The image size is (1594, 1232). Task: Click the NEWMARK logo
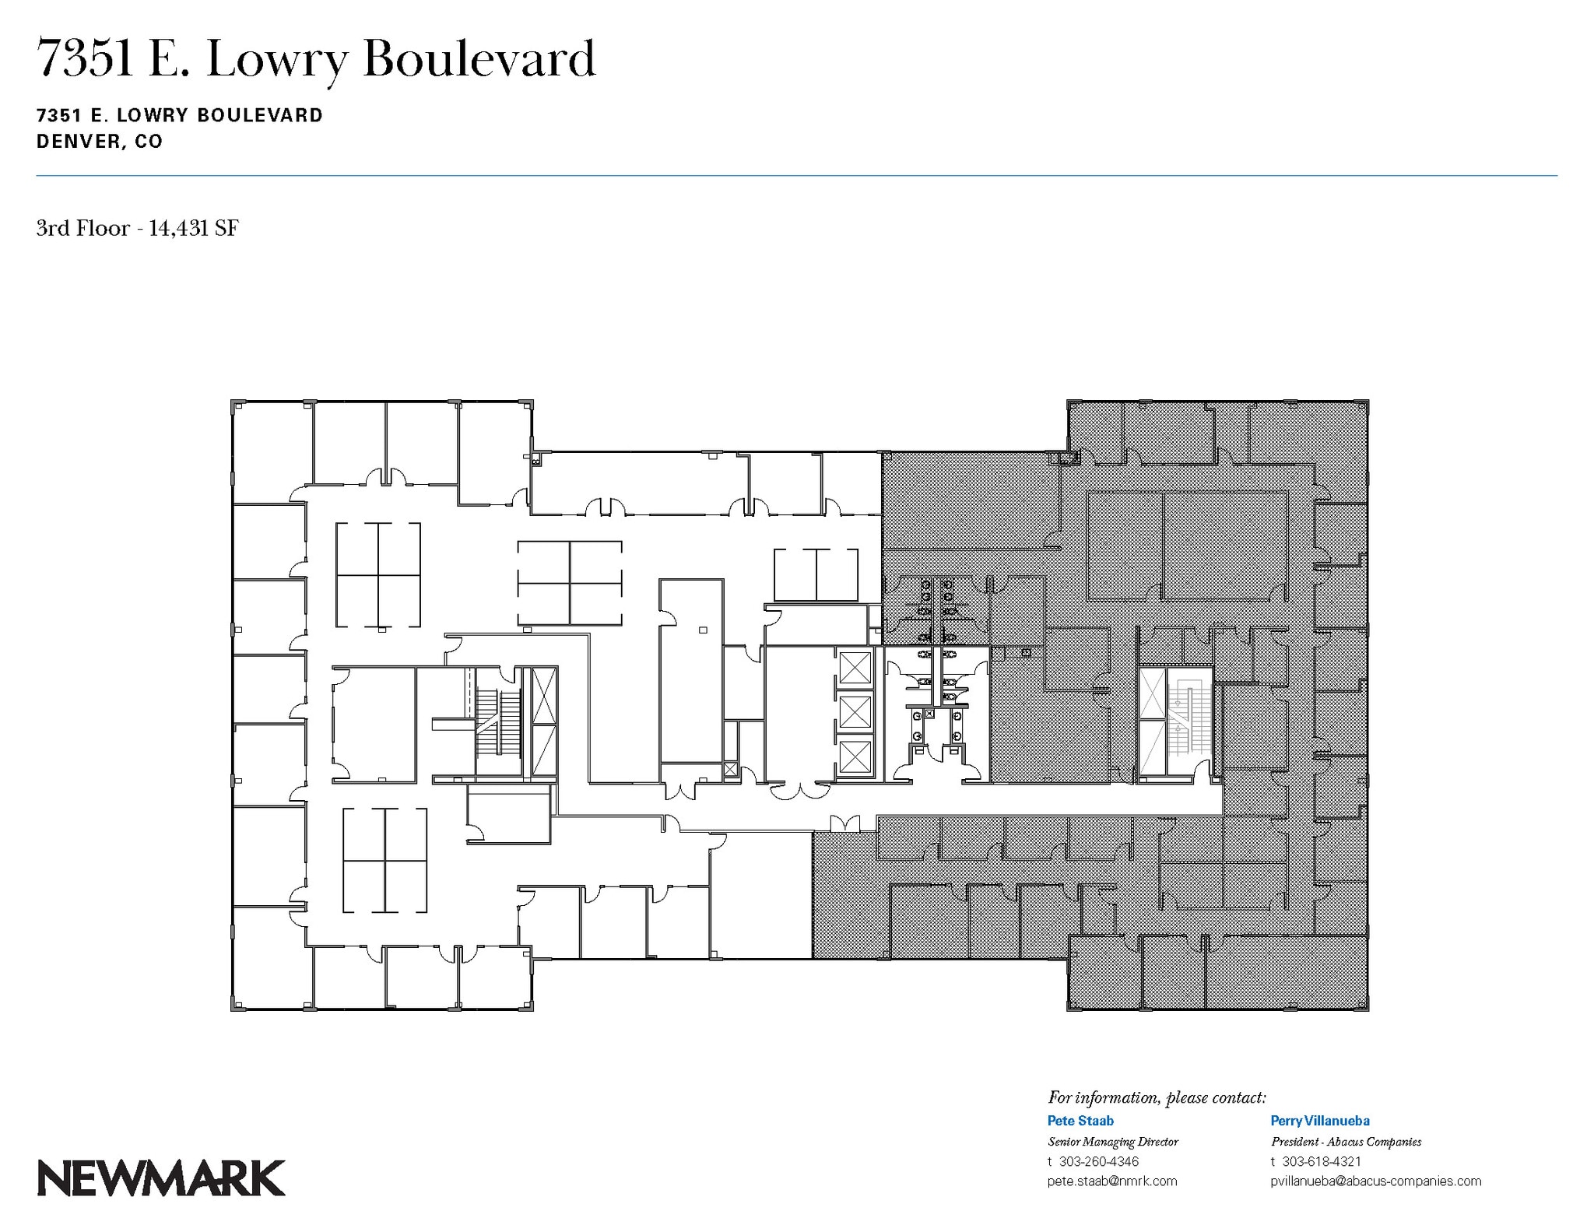pos(161,1178)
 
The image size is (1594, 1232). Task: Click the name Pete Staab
pos(1080,1121)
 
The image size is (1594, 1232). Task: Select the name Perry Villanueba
pos(1320,1121)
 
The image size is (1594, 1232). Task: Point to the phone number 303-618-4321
pos(1322,1161)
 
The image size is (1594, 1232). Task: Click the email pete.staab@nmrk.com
pos(1112,1181)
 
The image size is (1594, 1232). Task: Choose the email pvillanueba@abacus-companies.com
pos(1375,1181)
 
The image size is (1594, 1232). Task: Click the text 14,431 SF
pos(194,228)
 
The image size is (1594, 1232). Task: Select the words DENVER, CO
pos(100,142)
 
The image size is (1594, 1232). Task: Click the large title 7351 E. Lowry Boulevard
pos(316,59)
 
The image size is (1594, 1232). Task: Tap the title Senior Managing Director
pos(1113,1142)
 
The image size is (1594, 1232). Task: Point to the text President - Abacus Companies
pos(1346,1142)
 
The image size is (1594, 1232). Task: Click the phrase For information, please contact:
pos(1157,1097)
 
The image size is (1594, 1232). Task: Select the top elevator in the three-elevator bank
pos(855,669)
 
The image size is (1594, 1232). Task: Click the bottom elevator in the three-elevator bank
pos(855,756)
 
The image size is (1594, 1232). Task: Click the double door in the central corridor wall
pos(844,823)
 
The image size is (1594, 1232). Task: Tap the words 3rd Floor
pos(83,228)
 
